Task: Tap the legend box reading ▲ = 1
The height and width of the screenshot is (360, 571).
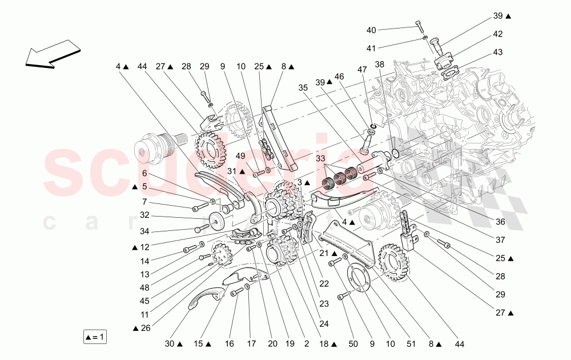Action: point(95,337)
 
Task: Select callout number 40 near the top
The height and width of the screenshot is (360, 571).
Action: point(371,30)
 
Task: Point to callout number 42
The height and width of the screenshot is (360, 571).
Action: point(498,34)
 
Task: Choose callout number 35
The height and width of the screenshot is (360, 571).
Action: point(303,87)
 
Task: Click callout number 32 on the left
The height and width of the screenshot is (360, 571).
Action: point(144,215)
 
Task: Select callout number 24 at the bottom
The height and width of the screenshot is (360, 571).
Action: point(324,323)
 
